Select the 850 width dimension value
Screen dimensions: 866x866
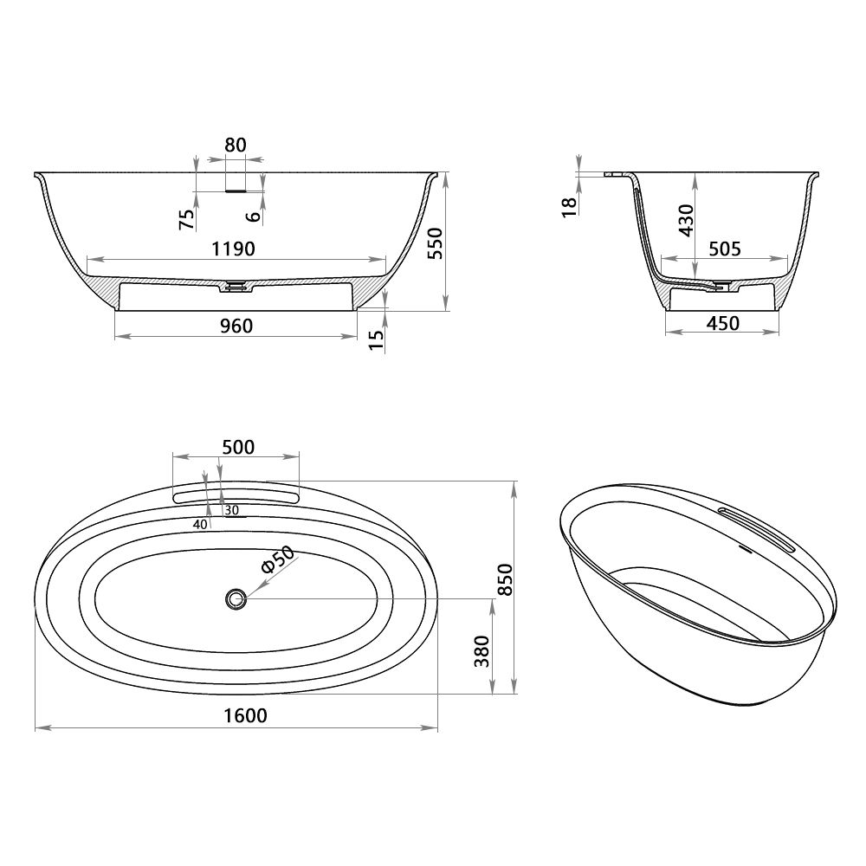(x=507, y=579)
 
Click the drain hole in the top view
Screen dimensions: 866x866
(x=234, y=598)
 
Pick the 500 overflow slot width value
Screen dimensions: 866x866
(x=238, y=447)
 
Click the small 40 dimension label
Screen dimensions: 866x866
(x=200, y=524)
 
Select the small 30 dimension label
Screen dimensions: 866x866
(x=231, y=510)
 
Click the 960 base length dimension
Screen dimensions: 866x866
(x=236, y=326)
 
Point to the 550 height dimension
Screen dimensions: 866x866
(x=435, y=244)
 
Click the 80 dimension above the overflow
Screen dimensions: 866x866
(x=236, y=145)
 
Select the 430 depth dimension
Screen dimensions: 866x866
(x=686, y=222)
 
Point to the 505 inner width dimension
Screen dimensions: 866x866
(x=724, y=249)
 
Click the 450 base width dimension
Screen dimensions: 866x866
(x=723, y=323)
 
